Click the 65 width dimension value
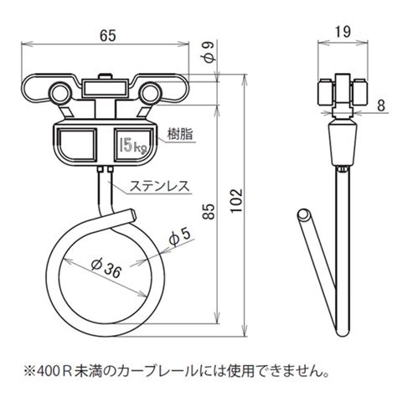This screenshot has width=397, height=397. click(108, 35)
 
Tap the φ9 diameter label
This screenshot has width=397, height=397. click(210, 52)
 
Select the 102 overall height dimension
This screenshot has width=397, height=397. click(237, 200)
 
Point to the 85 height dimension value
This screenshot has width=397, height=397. click(209, 211)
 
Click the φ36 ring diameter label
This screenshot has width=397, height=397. click(106, 268)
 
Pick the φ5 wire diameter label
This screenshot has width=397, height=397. click(180, 237)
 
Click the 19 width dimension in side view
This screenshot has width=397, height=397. click(343, 32)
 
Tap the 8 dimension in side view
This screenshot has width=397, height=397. click(380, 106)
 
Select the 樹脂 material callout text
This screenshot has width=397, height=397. click(180, 134)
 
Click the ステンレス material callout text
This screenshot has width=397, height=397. click(160, 186)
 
